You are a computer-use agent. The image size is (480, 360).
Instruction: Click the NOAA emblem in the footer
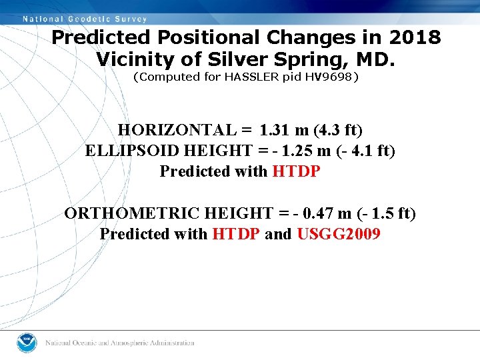point(28,343)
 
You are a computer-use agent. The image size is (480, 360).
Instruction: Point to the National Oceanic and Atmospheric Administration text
point(120,343)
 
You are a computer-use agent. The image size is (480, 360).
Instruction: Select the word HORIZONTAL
point(177,129)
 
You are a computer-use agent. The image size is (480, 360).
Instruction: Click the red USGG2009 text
point(339,234)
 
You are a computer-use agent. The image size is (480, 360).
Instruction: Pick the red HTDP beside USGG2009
point(236,234)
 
